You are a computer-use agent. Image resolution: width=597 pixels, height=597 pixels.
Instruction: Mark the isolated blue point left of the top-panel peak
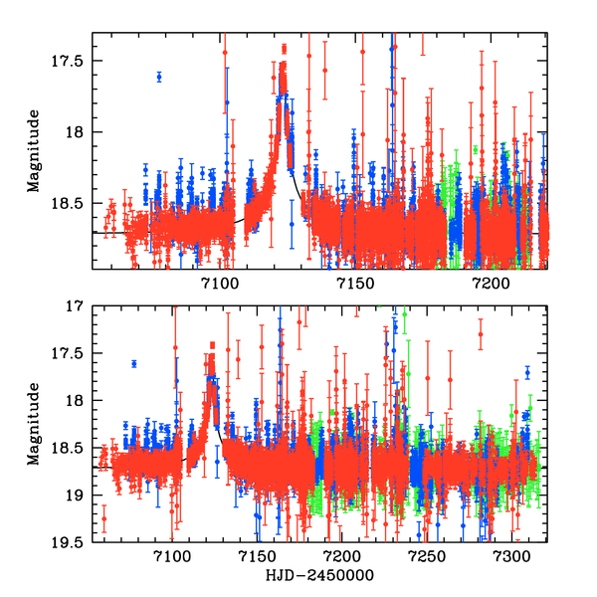[x=159, y=77]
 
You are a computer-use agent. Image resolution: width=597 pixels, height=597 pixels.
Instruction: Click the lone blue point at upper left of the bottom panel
[x=134, y=364]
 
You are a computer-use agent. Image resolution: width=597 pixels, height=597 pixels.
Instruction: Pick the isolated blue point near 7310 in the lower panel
[x=527, y=372]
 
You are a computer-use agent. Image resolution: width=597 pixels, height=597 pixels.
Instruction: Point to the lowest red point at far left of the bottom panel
[x=103, y=517]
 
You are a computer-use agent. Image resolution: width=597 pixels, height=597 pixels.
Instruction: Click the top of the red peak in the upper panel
[x=284, y=47]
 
